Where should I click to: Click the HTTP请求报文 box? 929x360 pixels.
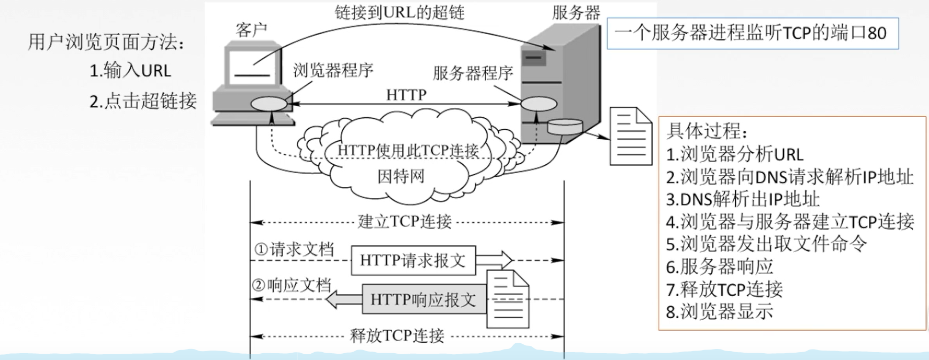pos(413,260)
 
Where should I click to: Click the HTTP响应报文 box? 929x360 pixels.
pos(423,300)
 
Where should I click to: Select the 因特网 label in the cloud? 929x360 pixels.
pos(400,176)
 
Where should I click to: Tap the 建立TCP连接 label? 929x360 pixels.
pos(405,222)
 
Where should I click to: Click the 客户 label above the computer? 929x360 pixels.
pos(251,30)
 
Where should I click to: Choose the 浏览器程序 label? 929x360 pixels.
pos(333,70)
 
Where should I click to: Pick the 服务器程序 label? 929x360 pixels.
pos(473,73)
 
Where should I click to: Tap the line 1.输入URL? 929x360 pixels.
pos(130,71)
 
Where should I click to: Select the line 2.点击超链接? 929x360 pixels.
pos(143,101)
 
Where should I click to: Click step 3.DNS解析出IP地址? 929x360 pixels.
pos(743,199)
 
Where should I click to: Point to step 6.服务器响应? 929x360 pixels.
pos(720,267)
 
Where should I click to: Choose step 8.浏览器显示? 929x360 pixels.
pos(720,312)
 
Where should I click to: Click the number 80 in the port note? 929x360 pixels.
pos(877,34)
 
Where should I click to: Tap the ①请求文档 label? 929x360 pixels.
pos(294,250)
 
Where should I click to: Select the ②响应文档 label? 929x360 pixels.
pos(292,286)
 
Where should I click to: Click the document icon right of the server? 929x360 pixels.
pos(631,136)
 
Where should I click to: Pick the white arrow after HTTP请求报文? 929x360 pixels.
pos(494,260)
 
